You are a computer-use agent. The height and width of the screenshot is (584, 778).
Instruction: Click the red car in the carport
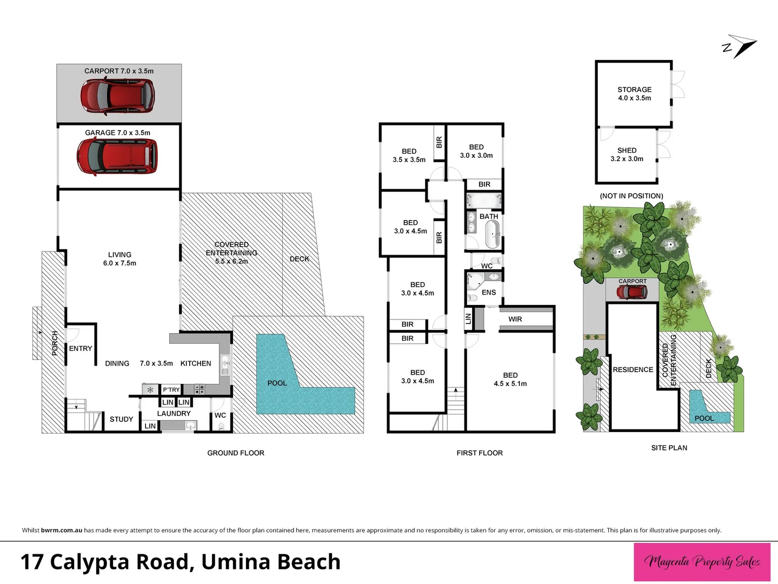(118, 96)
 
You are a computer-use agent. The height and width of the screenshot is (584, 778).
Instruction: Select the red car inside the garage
(117, 156)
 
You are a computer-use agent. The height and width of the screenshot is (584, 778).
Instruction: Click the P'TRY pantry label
(171, 390)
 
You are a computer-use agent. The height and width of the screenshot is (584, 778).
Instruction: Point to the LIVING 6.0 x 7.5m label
(120, 258)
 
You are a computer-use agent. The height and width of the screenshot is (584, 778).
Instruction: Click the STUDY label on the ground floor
(121, 419)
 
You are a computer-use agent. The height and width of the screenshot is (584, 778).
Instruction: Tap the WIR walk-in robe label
(515, 319)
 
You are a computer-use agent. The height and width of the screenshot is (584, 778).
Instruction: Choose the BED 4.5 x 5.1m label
(510, 379)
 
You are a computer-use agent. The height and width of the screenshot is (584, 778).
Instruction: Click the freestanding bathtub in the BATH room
(493, 234)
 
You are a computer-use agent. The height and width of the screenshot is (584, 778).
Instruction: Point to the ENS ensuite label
(489, 293)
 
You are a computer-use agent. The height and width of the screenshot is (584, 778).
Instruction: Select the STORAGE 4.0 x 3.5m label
(634, 94)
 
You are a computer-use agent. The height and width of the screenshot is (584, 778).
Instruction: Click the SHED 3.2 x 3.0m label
(627, 155)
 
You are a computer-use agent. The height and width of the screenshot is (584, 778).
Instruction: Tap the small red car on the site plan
(632, 292)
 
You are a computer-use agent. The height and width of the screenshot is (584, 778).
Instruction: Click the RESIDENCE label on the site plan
(633, 370)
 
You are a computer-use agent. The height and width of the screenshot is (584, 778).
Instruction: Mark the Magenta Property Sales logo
(702, 562)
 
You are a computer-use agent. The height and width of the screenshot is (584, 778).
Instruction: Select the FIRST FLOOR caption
(480, 453)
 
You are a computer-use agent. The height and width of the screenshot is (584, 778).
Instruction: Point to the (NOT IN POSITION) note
(631, 196)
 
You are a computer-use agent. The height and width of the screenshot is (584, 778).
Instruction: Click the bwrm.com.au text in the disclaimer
(62, 530)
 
